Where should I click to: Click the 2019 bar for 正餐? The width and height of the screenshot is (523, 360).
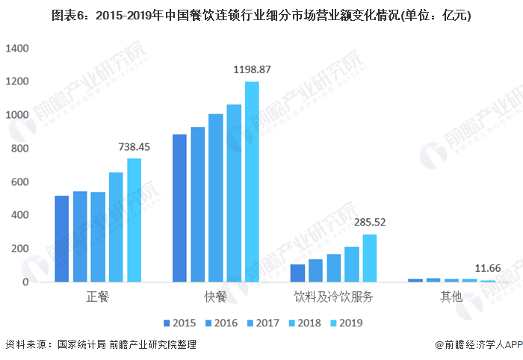coord(134,220)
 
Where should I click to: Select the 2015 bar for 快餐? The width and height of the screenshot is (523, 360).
coord(179,208)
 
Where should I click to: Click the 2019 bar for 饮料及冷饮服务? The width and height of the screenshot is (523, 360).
coord(369,258)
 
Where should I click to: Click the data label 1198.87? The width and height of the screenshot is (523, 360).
coord(252,69)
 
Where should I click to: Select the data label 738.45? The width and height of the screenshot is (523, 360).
coord(134,147)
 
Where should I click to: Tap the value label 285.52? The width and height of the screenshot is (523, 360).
coord(369,223)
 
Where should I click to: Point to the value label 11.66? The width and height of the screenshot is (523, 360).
coord(488,267)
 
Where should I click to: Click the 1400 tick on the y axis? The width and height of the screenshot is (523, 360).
coord(16,49)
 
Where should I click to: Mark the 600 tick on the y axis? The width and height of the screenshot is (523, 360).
coord(19,182)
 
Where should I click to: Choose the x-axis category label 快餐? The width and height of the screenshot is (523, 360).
coord(215,297)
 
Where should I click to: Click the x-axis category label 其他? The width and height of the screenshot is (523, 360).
coord(451,297)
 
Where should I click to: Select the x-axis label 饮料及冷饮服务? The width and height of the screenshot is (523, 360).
coord(333,297)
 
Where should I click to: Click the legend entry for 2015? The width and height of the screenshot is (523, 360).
coord(181,323)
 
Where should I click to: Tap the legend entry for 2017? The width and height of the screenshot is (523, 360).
coord(264,323)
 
